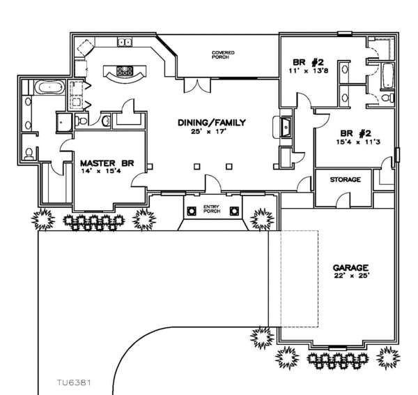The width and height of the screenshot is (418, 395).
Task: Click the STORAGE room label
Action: [345, 179]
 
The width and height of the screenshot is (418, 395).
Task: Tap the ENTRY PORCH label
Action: [210, 209]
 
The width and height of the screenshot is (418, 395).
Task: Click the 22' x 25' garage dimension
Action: [350, 275]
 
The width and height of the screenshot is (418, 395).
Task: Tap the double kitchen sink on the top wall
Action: [125, 43]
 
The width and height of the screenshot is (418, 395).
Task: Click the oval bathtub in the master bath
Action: [49, 89]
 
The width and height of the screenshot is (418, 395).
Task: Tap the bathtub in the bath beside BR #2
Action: [386, 75]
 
